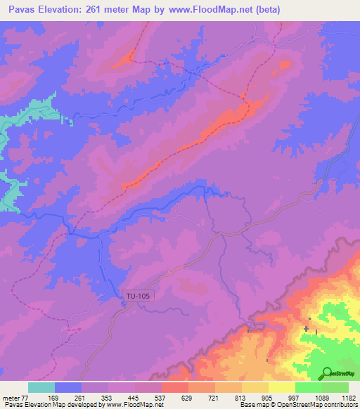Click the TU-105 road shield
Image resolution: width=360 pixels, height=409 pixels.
(136, 296)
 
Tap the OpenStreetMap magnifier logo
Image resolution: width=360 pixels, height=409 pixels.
(328, 373)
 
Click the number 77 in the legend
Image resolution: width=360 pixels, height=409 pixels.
(27, 398)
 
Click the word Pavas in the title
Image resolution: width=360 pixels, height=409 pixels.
(22, 10)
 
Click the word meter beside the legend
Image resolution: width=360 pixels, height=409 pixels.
(11, 398)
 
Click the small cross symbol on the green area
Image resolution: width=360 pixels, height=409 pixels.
(307, 328)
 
